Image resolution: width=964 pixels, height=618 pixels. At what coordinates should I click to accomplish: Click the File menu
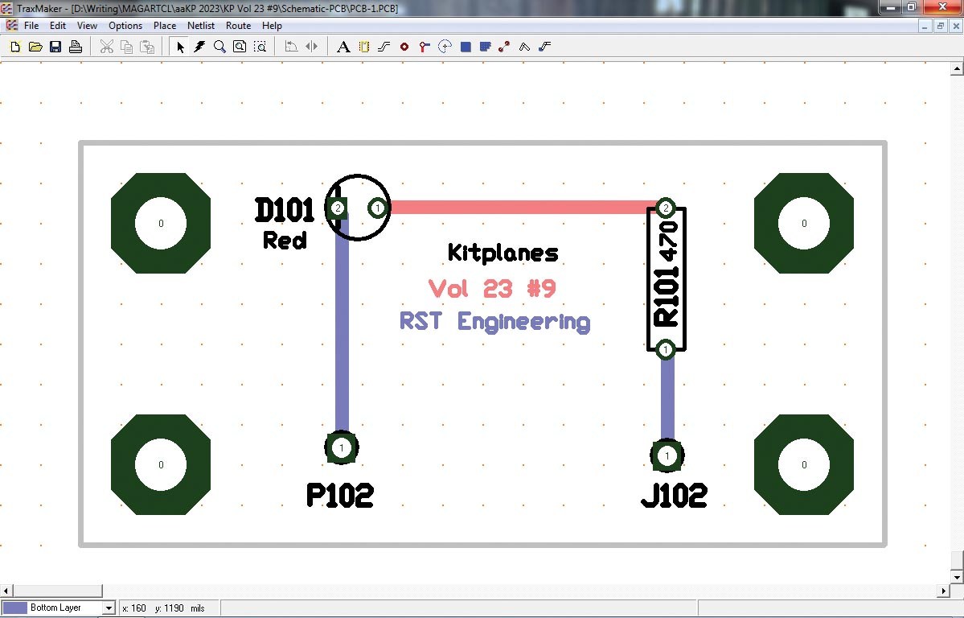pyautogui.click(x=31, y=26)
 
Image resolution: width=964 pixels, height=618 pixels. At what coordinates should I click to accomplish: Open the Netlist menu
pyautogui.click(x=201, y=26)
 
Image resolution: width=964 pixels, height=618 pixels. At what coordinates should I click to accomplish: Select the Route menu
pyautogui.click(x=239, y=26)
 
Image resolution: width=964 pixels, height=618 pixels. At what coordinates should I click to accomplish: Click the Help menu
pyautogui.click(x=272, y=26)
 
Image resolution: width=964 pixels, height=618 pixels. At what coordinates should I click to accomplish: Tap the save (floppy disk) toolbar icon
pyautogui.click(x=55, y=47)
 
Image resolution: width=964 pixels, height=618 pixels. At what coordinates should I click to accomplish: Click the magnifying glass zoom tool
pyautogui.click(x=219, y=47)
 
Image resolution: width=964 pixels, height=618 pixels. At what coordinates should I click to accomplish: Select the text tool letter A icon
pyautogui.click(x=343, y=47)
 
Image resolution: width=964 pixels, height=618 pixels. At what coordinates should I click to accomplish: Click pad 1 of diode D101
pyautogui.click(x=378, y=208)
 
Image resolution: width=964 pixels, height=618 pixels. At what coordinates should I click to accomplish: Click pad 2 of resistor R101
pyautogui.click(x=665, y=208)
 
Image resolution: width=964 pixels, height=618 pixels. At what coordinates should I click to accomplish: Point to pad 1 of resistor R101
pyautogui.click(x=665, y=349)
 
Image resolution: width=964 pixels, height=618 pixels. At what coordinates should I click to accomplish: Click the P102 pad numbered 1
pyautogui.click(x=342, y=447)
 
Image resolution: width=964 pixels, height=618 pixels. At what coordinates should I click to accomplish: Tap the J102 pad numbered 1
pyautogui.click(x=667, y=455)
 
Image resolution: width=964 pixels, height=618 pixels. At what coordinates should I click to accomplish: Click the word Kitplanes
pyautogui.click(x=503, y=253)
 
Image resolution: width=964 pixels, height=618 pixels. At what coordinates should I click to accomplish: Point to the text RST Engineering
pyautogui.click(x=495, y=321)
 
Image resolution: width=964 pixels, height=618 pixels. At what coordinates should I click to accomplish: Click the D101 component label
pyautogui.click(x=284, y=210)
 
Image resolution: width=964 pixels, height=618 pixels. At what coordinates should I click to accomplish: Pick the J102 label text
pyautogui.click(x=674, y=495)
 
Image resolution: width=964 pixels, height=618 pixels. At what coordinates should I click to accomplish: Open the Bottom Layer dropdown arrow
pyautogui.click(x=109, y=608)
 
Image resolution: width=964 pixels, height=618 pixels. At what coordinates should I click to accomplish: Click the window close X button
pyautogui.click(x=942, y=6)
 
